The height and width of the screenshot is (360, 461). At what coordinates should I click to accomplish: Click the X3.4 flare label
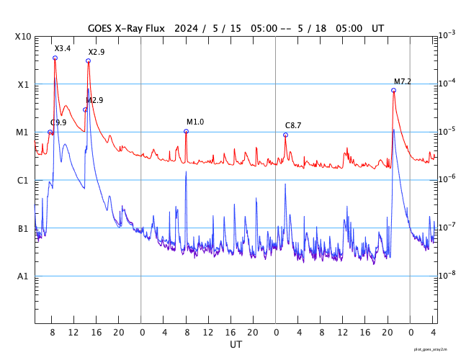tap(63, 48)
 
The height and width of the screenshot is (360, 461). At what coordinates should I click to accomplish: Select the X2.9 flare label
tap(97, 53)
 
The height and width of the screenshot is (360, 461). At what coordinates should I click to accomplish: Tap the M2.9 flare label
tap(94, 100)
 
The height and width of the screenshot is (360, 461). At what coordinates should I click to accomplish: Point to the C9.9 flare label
tap(58, 123)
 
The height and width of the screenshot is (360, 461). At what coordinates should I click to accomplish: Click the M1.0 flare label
tap(195, 122)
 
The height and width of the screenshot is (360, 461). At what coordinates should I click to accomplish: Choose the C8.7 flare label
tap(293, 125)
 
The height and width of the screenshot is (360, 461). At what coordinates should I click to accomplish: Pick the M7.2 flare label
tap(403, 81)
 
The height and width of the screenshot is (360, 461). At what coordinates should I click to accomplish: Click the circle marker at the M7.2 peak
tap(393, 90)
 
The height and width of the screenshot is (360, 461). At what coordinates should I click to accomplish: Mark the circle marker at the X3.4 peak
tap(55, 58)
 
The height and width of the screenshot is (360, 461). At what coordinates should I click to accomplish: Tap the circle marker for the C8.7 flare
tap(285, 135)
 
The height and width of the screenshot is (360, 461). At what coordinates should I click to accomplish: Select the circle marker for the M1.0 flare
tap(186, 131)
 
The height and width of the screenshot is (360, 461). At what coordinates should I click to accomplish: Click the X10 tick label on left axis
tap(23, 36)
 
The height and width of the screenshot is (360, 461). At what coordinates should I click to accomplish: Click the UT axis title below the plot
tap(236, 345)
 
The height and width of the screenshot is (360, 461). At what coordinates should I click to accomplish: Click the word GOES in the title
tap(102, 28)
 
